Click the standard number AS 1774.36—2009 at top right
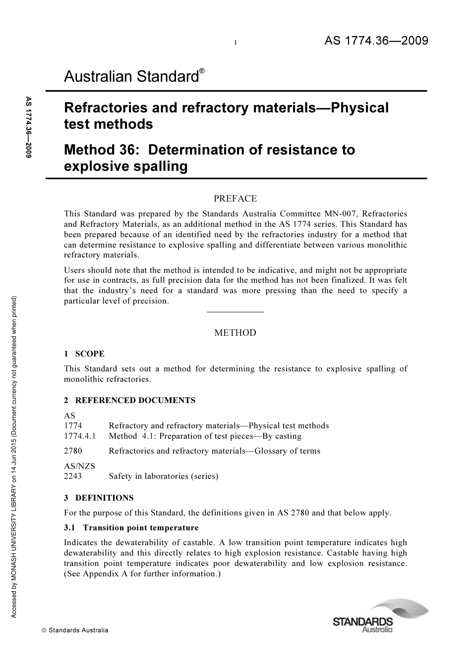pos(376,41)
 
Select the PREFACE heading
pos(235,199)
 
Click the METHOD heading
pos(235,333)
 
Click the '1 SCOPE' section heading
pos(84,354)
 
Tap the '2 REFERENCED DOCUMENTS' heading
pos(130,400)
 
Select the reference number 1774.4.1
pos(80,436)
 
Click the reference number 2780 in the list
pos(73,451)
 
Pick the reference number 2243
pos(73,476)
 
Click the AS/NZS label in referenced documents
pos(79,466)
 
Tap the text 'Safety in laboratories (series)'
pos(163,476)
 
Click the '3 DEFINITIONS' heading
pos(99,498)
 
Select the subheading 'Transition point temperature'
pos(141,527)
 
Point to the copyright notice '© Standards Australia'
pos(75,630)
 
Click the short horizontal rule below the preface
pos(235,311)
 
